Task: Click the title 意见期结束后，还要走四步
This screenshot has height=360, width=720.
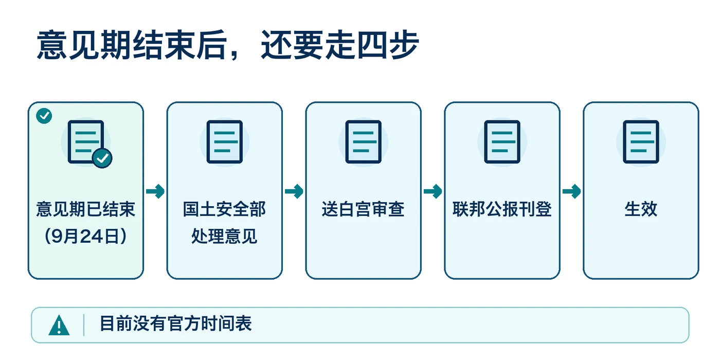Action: coord(228,45)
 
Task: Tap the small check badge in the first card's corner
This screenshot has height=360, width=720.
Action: coord(44,116)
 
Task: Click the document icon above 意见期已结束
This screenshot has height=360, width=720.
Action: coord(86,142)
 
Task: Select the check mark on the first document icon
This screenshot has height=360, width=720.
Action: coord(102,158)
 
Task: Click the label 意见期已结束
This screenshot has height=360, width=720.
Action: coord(86,209)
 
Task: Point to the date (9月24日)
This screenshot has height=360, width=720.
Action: coord(86,236)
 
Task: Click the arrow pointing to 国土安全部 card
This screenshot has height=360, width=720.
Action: coord(155,191)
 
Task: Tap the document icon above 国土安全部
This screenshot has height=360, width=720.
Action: coord(225,142)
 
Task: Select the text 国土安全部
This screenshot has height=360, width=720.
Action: coord(225,209)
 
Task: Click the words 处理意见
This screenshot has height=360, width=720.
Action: coord(225,236)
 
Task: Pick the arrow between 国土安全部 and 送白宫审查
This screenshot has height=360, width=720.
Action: coord(294,191)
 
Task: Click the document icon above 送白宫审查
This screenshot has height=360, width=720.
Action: coord(364,142)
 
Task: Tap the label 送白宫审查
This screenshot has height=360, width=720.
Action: coord(364,209)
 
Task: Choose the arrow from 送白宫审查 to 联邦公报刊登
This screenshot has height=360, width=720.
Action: coord(433,191)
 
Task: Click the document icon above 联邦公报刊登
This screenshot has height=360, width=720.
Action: coord(502,142)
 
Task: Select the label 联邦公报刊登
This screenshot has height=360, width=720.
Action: coord(502,209)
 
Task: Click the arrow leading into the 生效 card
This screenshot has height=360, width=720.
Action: coord(572,191)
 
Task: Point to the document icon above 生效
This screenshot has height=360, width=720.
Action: coord(641,142)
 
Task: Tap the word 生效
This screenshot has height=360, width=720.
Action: coord(641,209)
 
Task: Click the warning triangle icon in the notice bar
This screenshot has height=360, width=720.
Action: coord(59,326)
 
